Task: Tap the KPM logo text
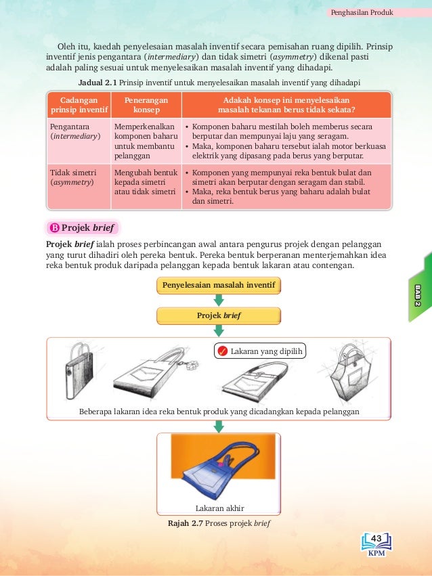tap(377, 552)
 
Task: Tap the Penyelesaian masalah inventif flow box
tap(219, 286)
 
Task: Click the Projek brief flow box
tap(219, 315)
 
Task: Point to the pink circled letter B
tap(55, 227)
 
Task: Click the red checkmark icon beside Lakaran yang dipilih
tap(221, 351)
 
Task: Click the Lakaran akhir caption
tap(219, 508)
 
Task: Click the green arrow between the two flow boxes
tap(219, 300)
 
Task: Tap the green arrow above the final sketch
tap(219, 426)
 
